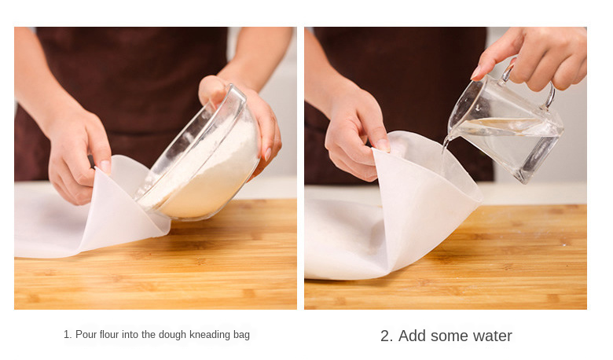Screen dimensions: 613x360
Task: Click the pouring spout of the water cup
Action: coord(450,136)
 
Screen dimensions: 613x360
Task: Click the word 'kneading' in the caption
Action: coord(210,335)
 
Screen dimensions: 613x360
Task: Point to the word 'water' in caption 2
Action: coord(492,336)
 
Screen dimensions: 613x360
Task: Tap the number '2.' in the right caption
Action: coord(386,336)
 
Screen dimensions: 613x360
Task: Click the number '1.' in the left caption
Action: coord(68,335)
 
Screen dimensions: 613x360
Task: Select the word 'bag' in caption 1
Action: coord(241,336)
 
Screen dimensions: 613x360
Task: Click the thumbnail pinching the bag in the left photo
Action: coord(105,166)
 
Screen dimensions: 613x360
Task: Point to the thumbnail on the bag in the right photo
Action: coord(383,145)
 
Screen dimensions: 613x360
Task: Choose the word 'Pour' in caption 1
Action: coord(86,335)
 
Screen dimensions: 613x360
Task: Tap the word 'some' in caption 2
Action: coord(449,336)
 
